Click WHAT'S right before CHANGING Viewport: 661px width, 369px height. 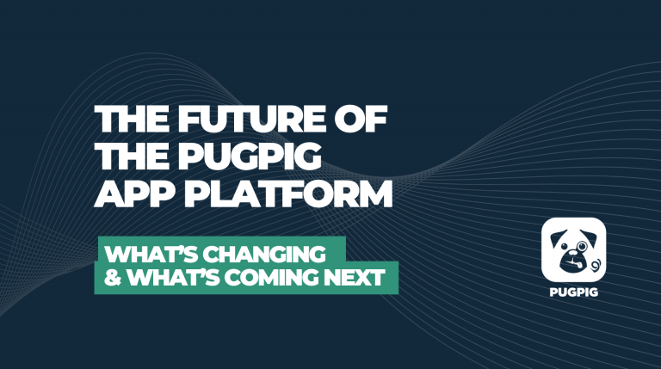click(152, 255)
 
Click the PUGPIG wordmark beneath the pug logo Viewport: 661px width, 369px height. click(573, 289)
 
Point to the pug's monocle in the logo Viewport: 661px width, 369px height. click(582, 246)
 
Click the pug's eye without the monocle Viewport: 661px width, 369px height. click(564, 246)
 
